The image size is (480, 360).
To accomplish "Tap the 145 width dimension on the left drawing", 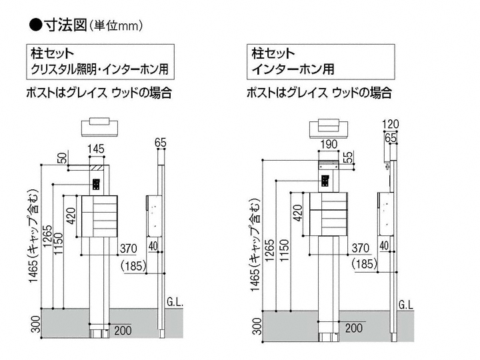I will pos(97,149).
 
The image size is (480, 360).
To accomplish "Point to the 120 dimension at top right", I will pos(391,123).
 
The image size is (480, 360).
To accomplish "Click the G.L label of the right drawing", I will pos(405,305).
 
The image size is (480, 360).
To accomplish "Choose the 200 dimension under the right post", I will pos(355,327).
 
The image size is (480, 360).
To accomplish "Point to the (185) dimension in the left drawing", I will pos(136,266).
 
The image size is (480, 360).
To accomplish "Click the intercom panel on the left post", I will pos(96,185).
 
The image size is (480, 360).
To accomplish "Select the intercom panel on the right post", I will pos(326,180).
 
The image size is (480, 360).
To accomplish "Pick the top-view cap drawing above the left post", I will pos(98,126).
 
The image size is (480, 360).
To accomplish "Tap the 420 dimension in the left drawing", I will pos(71,215).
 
